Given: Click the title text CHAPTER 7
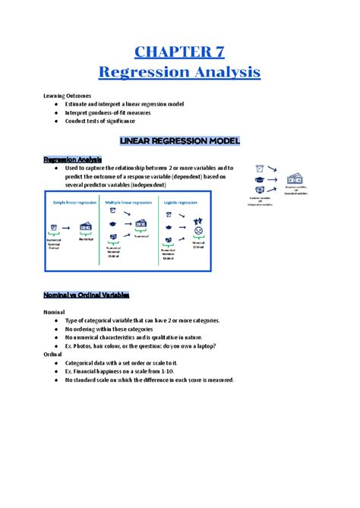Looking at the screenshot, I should click(x=179, y=52).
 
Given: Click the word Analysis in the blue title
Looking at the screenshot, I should click(x=222, y=73).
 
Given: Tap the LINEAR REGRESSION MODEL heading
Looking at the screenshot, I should click(x=180, y=140).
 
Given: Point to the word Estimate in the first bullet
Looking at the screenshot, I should click(x=81, y=103).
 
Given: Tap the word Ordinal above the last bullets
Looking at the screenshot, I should click(x=54, y=355).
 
